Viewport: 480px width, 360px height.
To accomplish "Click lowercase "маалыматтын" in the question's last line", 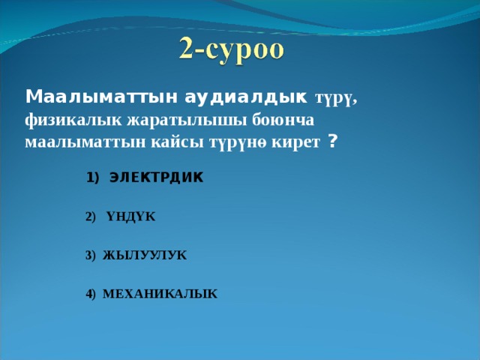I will (76, 142).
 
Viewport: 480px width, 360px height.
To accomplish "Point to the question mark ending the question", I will (332, 142).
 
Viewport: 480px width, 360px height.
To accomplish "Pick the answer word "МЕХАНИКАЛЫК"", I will (160, 294).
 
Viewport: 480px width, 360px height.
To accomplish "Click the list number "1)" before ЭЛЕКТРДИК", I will (92, 178).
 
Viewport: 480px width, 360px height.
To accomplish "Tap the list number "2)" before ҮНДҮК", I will (91, 217).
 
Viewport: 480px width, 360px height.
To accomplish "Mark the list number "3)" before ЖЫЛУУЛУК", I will (91, 256).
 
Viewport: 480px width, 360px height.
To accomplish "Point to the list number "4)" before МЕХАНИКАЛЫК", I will (91, 294).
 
